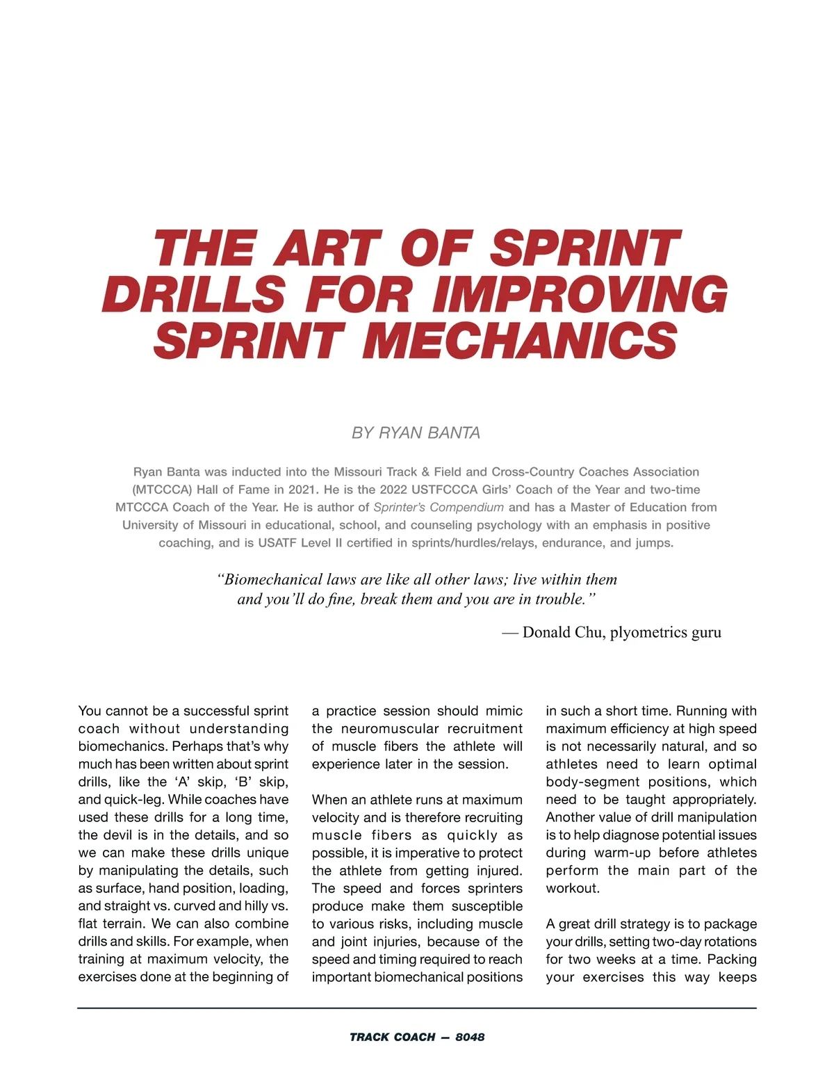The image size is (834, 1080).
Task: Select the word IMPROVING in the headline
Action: [580, 294]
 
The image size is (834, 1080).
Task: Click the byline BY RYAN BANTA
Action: [416, 433]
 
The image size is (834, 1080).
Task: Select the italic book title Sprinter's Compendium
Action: [439, 508]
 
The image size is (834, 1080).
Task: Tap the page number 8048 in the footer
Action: [470, 1037]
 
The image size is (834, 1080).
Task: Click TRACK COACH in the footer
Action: [393, 1037]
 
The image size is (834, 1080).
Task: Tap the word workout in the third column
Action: [571, 889]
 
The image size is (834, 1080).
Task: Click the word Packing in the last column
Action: [732, 960]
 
